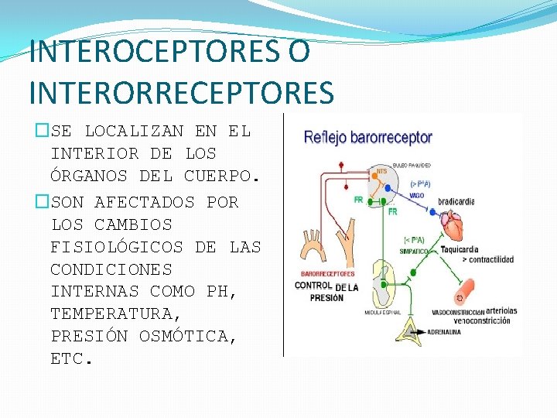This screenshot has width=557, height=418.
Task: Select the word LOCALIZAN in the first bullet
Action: pos(134,131)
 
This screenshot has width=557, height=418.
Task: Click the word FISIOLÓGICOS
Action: pos(117,247)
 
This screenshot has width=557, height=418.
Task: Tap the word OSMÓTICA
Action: pos(183,337)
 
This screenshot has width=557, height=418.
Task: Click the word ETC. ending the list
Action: pos(72,359)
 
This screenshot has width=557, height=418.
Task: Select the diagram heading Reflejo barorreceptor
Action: pos(368,138)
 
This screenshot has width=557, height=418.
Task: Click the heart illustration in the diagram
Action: pos(454,228)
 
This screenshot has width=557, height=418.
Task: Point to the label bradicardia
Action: pos(456,202)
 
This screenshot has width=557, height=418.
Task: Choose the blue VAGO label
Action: pos(417,196)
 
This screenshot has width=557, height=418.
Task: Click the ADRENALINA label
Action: pos(442,331)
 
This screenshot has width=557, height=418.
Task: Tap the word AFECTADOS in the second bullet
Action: pos(145,202)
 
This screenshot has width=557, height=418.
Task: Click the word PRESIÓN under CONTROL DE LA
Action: pos(326,298)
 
